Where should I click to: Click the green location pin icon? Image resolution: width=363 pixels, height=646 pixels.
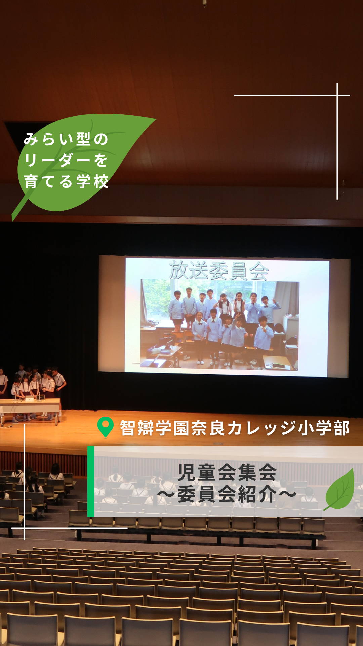click(105, 427)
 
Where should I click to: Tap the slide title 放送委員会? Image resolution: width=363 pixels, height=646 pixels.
click(219, 271)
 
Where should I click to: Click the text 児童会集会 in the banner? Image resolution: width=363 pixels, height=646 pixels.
click(227, 472)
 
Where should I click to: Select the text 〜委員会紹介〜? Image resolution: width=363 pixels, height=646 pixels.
click(227, 494)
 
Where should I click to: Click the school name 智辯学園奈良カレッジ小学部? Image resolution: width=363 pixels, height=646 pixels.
click(235, 428)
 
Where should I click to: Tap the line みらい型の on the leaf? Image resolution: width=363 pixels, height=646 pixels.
click(66, 139)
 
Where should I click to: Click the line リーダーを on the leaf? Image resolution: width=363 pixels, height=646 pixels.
click(66, 160)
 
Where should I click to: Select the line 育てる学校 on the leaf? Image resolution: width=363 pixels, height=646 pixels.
click(66, 181)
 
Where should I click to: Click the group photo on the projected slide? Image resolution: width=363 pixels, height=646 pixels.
click(219, 325)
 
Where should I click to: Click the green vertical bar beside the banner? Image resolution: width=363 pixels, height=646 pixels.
click(91, 481)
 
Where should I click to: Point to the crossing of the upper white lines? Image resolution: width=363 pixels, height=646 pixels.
click(337, 95)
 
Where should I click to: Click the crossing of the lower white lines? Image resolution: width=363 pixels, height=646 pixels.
click(25, 528)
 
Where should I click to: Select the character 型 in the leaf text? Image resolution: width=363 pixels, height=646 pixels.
click(83, 139)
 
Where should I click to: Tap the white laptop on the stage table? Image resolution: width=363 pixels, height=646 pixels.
click(30, 399)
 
